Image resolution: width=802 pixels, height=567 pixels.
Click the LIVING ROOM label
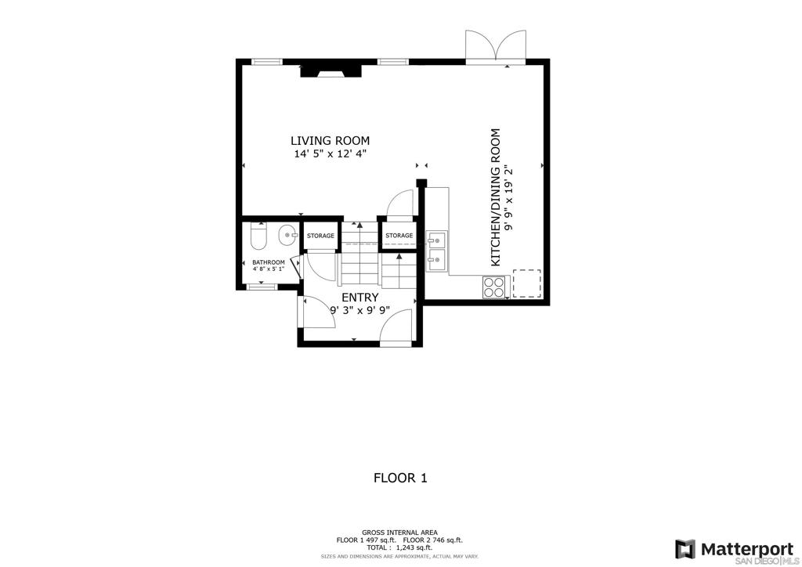click(330, 141)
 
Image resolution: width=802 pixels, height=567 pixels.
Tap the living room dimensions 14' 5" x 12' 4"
click(331, 154)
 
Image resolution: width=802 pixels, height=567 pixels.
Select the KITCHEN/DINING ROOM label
click(495, 197)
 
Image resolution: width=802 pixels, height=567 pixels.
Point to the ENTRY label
click(360, 297)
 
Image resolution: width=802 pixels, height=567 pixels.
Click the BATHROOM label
click(268, 262)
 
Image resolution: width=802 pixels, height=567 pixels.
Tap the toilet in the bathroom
click(258, 236)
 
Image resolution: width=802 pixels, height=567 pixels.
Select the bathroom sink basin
click(287, 235)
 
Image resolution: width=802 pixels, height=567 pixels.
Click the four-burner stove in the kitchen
click(494, 287)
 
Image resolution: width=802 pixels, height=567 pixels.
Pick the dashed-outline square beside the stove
click(527, 283)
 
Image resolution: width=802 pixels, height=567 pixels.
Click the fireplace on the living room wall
click(331, 70)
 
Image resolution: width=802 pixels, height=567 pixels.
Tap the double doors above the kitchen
click(495, 47)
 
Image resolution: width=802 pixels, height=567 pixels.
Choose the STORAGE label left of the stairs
click(320, 236)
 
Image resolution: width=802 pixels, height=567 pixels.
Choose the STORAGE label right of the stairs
click(399, 236)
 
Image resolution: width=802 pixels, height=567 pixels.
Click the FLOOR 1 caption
click(400, 478)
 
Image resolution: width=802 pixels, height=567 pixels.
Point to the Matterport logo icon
click(685, 549)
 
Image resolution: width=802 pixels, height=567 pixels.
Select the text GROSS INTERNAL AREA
click(399, 533)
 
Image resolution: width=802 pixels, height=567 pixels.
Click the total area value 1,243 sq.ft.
click(414, 547)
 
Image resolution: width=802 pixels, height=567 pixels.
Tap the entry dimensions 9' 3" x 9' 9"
click(360, 310)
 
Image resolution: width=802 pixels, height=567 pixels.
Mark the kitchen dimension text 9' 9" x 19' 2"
click(508, 197)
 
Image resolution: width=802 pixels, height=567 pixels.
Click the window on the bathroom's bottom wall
click(262, 287)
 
